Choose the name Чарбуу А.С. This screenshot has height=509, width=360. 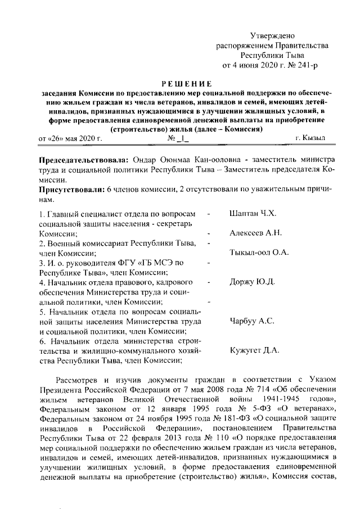[252, 321]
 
